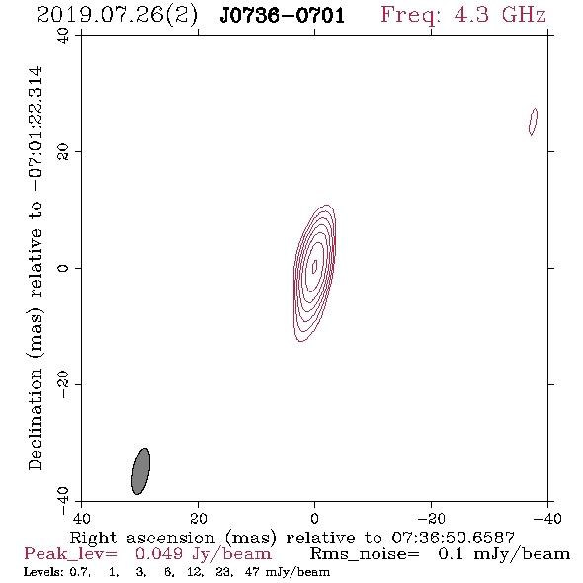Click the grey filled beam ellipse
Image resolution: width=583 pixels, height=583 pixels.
coord(141,471)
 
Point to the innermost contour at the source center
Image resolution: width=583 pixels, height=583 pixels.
coord(314,266)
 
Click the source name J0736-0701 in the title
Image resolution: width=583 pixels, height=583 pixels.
coord(282,16)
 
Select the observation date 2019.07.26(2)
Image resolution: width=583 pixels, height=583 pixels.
coord(117,16)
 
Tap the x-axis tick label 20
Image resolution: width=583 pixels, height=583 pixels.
coord(198,518)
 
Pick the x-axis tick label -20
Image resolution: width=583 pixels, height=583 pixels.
coord(431,518)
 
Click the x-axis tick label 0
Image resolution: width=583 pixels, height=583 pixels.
coord(314,518)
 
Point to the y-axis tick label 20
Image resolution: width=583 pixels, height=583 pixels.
coord(63,152)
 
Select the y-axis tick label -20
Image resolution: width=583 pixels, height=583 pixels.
coord(63,384)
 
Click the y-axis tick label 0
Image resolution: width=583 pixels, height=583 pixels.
coord(63,268)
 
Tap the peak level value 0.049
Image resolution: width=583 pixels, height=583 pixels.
coord(159,554)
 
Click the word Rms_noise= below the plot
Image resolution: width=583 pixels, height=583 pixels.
coord(365,554)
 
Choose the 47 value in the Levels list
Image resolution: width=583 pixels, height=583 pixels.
coord(252,571)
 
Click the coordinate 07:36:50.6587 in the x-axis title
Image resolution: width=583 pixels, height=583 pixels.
coord(453,538)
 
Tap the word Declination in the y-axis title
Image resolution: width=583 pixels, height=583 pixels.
coord(35,420)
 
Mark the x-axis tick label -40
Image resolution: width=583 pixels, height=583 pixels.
coord(547,518)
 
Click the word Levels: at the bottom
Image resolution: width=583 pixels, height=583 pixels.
coord(43,571)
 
